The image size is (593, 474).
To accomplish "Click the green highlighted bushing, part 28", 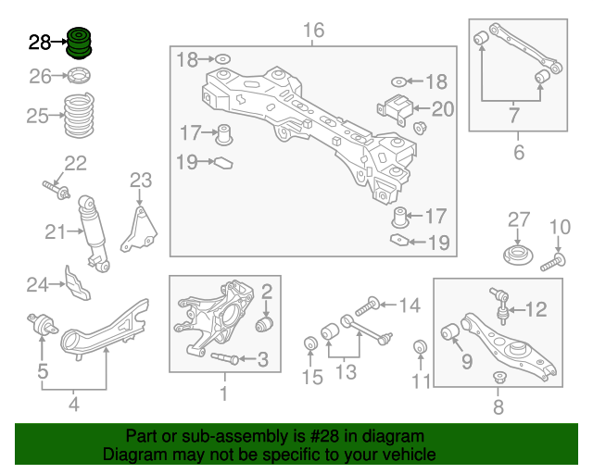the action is click(79, 44).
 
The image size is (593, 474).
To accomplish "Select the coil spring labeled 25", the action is click(79, 116).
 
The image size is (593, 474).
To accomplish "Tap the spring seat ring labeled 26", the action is click(79, 76).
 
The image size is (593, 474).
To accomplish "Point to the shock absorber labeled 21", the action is click(94, 233).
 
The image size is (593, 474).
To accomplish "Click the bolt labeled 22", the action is click(56, 190).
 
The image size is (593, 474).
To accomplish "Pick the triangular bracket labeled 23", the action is click(139, 230).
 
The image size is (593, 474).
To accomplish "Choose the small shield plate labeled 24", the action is click(78, 283).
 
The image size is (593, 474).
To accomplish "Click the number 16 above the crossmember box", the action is click(313, 31).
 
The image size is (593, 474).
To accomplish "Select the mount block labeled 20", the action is click(396, 108).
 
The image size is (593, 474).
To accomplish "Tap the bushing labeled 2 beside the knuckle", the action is click(264, 325).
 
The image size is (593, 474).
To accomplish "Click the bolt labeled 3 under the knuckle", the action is click(224, 358).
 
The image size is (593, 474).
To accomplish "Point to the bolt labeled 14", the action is click(367, 306).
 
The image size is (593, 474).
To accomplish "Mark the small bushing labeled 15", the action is click(311, 343).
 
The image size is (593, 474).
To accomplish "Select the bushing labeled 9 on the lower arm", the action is click(450, 331).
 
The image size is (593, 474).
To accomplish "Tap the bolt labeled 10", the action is click(553, 263).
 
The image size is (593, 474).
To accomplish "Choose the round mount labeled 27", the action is click(518, 256).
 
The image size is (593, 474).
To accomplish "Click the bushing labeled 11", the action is click(420, 347).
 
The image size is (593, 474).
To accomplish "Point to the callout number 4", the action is click(74, 404).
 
